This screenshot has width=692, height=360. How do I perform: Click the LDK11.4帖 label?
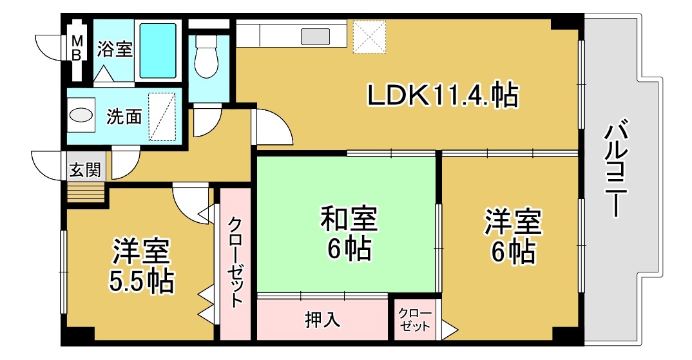[x=443, y=97]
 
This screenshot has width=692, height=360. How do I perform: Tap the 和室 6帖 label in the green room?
[x=349, y=232]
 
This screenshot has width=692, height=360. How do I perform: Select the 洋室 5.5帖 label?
[x=141, y=265]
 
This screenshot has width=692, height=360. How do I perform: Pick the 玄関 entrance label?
[x=84, y=171]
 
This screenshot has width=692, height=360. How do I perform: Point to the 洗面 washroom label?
[x=124, y=117]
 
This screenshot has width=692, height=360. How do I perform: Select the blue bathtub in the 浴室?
[x=158, y=50]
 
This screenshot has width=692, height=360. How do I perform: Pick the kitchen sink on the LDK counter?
[x=315, y=36]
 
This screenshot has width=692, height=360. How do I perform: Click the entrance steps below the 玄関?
[x=86, y=192]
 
